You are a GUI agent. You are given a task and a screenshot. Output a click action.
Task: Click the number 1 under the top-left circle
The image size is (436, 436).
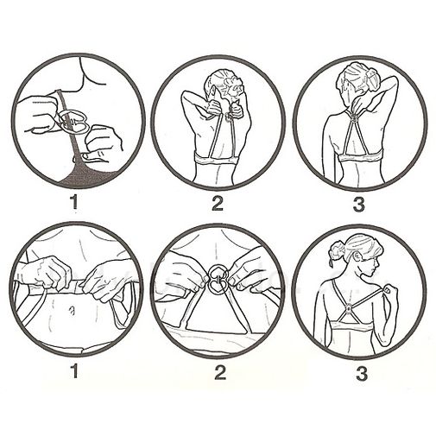(x=74, y=202)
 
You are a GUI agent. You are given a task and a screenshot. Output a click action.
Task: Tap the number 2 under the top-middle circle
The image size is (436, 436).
(x=218, y=203)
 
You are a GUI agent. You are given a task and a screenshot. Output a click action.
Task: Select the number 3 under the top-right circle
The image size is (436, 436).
(x=358, y=204)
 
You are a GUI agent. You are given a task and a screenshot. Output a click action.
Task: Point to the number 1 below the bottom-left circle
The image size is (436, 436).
(x=74, y=371)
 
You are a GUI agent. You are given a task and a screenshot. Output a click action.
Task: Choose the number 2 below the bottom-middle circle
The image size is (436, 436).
(x=219, y=372)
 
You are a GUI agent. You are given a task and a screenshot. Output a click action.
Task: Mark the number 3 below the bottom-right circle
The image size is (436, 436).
(x=362, y=373)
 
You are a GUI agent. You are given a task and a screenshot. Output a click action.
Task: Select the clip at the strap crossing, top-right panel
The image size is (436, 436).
(x=360, y=118)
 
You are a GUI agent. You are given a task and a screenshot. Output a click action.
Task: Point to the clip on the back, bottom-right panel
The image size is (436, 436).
(x=349, y=309)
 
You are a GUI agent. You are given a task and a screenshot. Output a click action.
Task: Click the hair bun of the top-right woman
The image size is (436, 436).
(x=370, y=77)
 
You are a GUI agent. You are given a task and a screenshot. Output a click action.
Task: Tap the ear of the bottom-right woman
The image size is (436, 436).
(x=359, y=256)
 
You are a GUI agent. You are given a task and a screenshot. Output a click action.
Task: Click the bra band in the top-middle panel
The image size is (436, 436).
(x=218, y=159)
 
